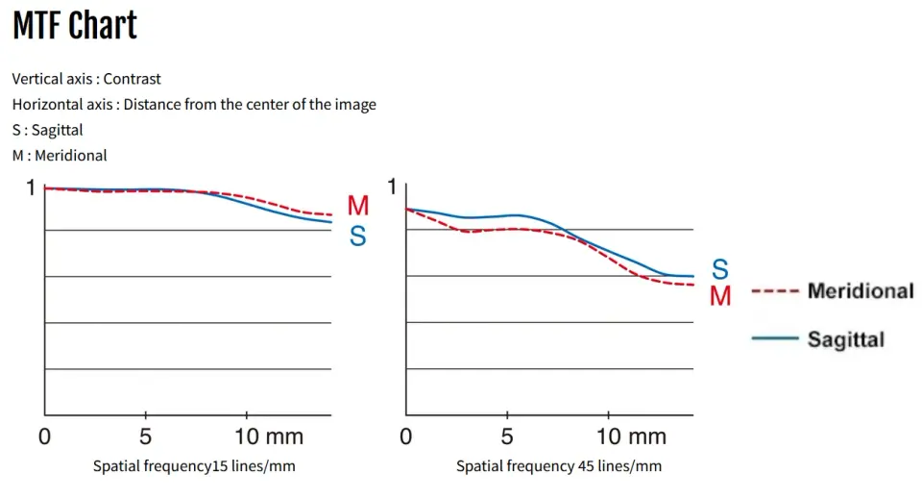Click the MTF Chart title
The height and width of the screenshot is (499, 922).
pos(75,26)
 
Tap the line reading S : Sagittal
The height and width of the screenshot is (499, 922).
pos(47,129)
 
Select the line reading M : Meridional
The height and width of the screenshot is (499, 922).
pos(60,155)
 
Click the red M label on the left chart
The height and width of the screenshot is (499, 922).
pos(358,206)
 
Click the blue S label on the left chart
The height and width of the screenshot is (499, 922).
pos(357,236)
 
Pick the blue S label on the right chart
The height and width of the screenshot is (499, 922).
pos(719,269)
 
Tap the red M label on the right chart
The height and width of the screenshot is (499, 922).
pos(720,296)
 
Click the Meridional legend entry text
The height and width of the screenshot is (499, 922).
pos(861,290)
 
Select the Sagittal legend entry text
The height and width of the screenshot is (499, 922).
pos(846,338)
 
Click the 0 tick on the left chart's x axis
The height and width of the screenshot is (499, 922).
pos(44,437)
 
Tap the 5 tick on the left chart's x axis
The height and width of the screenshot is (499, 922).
pos(145,437)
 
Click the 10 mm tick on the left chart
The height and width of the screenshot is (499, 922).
pos(270,437)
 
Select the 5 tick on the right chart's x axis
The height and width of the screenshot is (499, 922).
pos(507,437)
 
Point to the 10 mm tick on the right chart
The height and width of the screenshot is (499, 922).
pos(632,437)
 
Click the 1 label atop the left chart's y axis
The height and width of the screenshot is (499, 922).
pos(29,187)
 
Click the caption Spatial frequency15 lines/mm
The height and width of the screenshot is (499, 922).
pos(194,466)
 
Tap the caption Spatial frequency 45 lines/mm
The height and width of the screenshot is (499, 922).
pos(559,466)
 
